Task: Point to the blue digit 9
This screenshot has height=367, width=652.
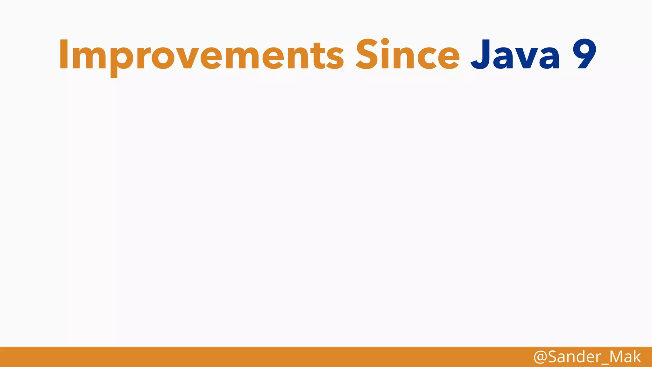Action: (584, 54)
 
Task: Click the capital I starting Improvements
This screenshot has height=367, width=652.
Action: (64, 54)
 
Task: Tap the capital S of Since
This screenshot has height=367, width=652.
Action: (368, 54)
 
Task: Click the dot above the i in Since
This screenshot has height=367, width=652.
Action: (385, 42)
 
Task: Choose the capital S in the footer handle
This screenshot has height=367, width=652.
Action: (552, 357)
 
